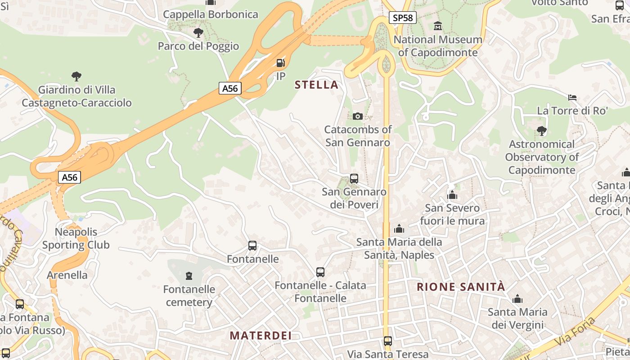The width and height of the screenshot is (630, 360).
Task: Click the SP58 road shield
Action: click(402, 18)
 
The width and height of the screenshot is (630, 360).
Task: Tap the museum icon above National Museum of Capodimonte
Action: click(438, 26)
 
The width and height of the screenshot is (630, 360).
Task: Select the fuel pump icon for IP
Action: click(280, 63)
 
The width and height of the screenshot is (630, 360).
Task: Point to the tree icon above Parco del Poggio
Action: click(198, 33)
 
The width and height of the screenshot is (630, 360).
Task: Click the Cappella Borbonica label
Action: click(211, 14)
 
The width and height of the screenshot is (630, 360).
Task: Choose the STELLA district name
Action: click(316, 85)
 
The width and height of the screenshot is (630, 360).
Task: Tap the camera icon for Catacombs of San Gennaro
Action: click(358, 116)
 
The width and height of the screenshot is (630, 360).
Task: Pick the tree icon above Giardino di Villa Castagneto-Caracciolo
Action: click(76, 76)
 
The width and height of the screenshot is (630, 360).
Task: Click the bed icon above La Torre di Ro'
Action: click(572, 97)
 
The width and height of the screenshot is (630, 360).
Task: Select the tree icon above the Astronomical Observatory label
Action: click(542, 131)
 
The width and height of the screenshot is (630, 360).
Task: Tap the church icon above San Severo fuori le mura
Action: click(452, 195)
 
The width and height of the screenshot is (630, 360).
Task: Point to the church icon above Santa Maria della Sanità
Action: click(399, 229)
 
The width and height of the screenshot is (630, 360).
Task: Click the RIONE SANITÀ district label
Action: click(461, 287)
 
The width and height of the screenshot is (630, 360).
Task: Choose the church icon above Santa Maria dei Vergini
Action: click(517, 299)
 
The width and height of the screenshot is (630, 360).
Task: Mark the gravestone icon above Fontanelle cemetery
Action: click(189, 275)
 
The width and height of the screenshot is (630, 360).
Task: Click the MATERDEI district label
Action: click(261, 335)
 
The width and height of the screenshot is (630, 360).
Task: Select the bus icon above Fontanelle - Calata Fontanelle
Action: click(320, 272)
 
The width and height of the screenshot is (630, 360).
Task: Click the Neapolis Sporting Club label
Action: click(76, 238)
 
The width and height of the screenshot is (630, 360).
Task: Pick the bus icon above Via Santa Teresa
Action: click(388, 341)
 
